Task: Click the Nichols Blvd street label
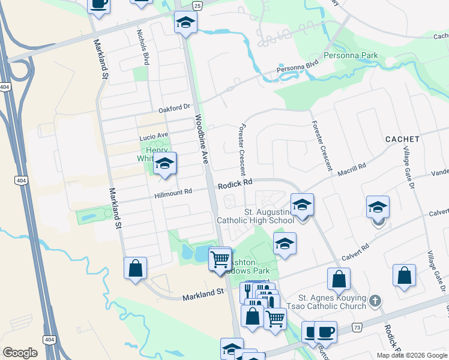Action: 143,47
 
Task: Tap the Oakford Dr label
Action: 174,108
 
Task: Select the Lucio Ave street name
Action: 154,136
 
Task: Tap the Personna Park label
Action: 351,56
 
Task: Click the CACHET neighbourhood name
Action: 402,139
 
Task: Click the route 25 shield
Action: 197,5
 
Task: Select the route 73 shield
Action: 357,327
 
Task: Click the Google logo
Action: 20,353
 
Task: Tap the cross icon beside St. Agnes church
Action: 375,301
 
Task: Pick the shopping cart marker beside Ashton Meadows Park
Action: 220,259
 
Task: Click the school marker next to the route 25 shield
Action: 186,23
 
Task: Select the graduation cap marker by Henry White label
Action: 164,164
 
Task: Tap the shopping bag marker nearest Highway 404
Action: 136,268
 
